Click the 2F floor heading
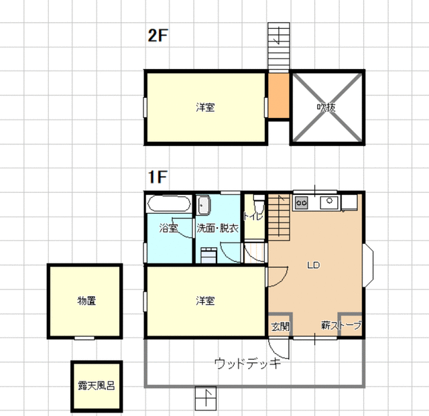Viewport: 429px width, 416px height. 158,36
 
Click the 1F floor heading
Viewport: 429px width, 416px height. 158,177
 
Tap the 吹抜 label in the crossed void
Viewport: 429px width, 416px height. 326,107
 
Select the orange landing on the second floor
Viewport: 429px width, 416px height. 279,95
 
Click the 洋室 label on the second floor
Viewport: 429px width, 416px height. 205,107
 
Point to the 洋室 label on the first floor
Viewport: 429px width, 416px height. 205,301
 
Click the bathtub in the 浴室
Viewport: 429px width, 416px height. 169,204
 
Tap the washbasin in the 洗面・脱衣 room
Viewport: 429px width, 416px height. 203,205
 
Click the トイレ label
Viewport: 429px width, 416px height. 253,216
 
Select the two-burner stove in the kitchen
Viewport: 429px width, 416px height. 301,203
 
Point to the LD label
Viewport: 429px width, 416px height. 314,265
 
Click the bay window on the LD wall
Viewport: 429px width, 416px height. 368,265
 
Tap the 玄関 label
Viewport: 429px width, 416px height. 280,326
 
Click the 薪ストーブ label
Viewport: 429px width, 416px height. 341,326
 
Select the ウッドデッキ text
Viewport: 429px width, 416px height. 248,364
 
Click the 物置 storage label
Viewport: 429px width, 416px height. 86,301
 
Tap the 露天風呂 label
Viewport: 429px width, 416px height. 97,386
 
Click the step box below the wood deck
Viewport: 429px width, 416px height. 206,398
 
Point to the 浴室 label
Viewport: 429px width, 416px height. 168,228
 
